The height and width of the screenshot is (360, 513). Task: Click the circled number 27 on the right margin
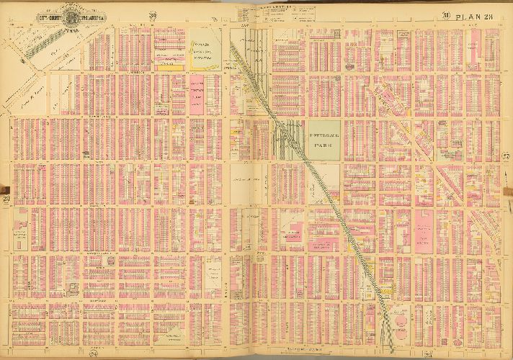(x=505, y=158)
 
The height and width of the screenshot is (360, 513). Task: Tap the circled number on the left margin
(x=7, y=197)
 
